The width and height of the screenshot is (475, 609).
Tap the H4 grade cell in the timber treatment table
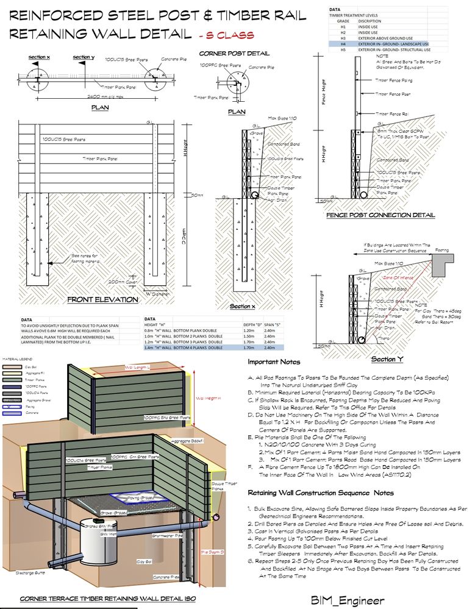[x=343, y=44]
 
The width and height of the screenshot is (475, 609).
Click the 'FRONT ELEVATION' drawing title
[x=102, y=299]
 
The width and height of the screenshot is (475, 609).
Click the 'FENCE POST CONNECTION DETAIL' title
[x=380, y=215]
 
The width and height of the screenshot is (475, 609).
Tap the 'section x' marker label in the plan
[x=40, y=57]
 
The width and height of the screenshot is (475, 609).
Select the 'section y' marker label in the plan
[x=84, y=57]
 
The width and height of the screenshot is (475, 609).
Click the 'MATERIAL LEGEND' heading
[x=19, y=359]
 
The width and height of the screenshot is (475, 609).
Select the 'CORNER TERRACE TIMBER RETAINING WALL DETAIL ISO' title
[x=107, y=599]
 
